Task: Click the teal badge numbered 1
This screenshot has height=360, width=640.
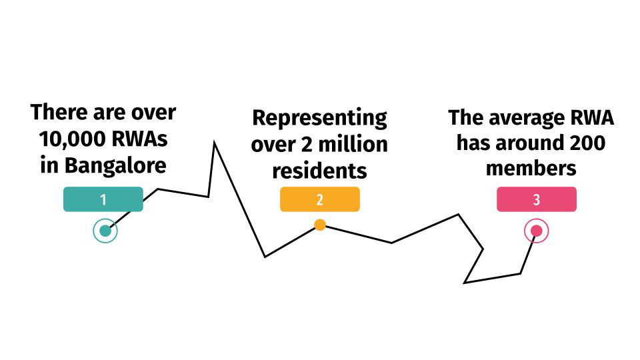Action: [103, 199]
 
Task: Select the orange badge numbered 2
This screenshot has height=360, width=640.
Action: [319, 199]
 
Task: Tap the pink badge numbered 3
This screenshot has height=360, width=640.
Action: [536, 199]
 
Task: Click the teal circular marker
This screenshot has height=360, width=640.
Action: [105, 231]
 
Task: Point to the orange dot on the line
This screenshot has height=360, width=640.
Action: [320, 225]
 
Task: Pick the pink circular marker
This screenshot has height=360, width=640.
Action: [536, 231]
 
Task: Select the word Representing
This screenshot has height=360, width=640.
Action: [319, 118]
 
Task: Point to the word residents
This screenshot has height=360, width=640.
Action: [319, 170]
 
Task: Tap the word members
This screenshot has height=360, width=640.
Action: [531, 169]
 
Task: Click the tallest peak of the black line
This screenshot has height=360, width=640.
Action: [214, 142]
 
